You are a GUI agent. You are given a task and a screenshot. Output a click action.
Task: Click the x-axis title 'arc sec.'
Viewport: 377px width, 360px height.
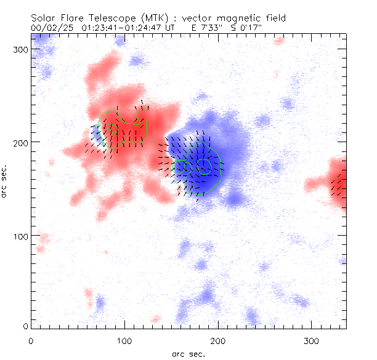(x=188, y=353)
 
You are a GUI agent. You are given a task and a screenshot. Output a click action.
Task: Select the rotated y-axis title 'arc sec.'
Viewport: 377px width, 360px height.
(x=6, y=182)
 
